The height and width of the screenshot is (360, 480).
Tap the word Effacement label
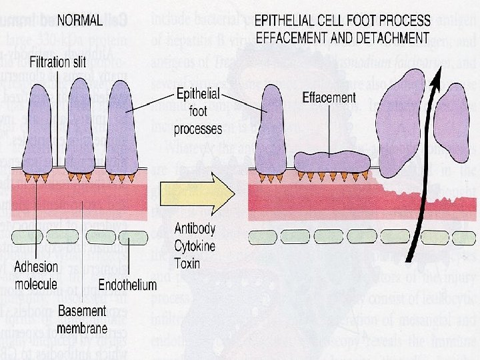(x=329, y=97)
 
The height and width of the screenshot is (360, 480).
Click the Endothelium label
(x=127, y=285)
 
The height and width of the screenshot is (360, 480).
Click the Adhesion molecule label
(x=37, y=275)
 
